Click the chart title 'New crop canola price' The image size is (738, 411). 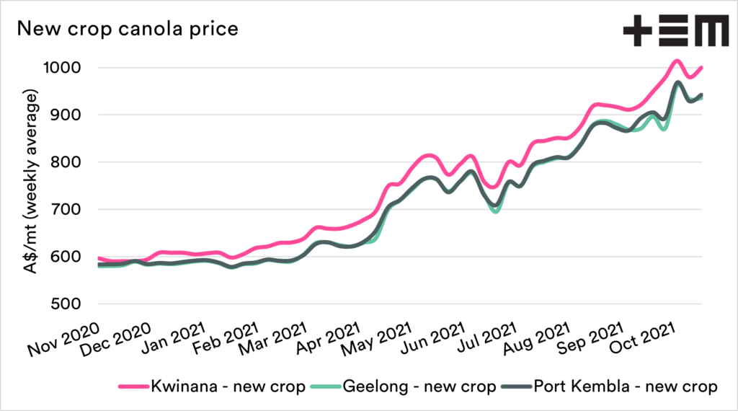pos(128,30)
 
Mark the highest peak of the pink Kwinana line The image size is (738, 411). pos(677,61)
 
